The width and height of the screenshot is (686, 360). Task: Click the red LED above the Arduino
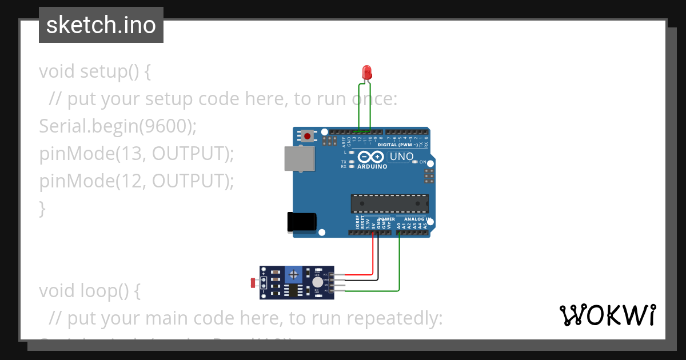pos(367,73)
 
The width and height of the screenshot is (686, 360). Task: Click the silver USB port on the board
pos(300,158)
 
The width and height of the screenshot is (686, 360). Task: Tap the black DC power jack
pos(301,222)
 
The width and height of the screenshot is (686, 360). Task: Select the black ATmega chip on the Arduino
pos(389,203)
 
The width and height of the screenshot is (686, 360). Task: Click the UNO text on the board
pos(401,157)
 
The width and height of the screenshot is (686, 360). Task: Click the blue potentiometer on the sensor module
pos(294,275)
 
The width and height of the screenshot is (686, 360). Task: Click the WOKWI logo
pos(607,315)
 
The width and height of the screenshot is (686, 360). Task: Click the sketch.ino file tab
pos(101,25)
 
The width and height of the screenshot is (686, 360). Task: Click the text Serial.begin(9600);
pos(117,126)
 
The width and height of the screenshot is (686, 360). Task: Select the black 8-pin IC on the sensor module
pos(294,291)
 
